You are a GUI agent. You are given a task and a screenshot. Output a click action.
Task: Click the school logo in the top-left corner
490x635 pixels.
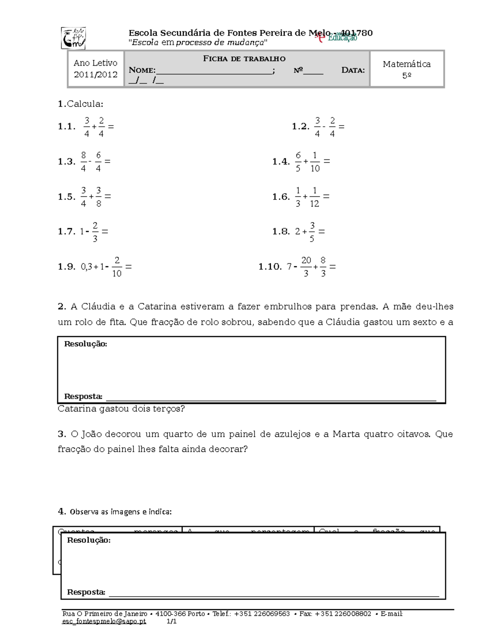point(73,38)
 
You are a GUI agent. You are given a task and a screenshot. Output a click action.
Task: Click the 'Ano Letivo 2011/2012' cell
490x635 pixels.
point(96,69)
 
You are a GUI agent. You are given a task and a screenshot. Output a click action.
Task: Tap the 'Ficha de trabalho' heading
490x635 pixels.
point(244,58)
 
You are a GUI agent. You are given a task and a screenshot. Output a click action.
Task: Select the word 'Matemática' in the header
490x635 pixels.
point(406,64)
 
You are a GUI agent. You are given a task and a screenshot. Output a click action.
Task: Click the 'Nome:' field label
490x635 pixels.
point(142,70)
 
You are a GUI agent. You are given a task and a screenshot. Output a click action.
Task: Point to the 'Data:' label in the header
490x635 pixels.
point(353,70)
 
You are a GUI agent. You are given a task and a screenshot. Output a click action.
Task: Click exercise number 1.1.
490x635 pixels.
point(67,127)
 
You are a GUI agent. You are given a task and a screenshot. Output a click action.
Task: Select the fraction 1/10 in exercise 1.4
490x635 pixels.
point(314,162)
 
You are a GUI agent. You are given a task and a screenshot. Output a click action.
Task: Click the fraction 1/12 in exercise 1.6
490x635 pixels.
point(314,197)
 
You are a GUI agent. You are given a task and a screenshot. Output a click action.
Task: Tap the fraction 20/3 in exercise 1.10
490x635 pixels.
point(306,267)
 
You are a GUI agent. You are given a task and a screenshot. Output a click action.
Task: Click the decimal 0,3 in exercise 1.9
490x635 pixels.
point(86,267)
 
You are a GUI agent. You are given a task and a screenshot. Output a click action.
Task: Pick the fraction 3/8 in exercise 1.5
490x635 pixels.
point(98,197)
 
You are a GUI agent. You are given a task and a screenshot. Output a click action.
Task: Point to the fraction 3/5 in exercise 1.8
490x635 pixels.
point(312,231)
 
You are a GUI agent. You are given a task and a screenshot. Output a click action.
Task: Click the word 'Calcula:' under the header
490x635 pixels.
point(85,104)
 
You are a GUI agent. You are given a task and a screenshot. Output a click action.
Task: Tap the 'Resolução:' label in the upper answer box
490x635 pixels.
point(86,344)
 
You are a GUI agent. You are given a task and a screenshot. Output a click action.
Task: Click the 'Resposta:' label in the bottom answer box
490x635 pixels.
point(86,592)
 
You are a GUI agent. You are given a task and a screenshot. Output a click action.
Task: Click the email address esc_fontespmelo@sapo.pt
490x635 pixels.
point(104,622)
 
